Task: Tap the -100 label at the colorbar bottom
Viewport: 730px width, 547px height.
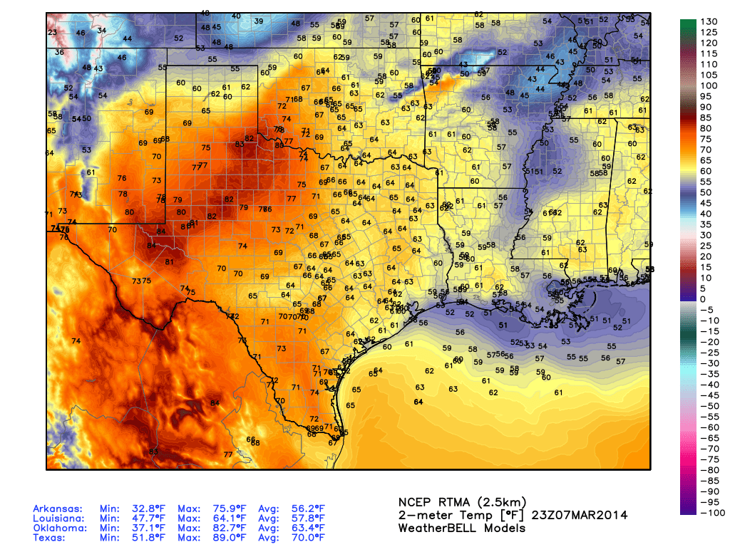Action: [711, 513]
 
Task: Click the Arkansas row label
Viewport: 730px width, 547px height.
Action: [57, 509]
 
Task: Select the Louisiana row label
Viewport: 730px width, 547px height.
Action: [57, 519]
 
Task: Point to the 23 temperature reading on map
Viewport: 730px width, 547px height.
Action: [52, 33]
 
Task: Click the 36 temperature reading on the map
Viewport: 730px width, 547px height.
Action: [59, 52]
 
